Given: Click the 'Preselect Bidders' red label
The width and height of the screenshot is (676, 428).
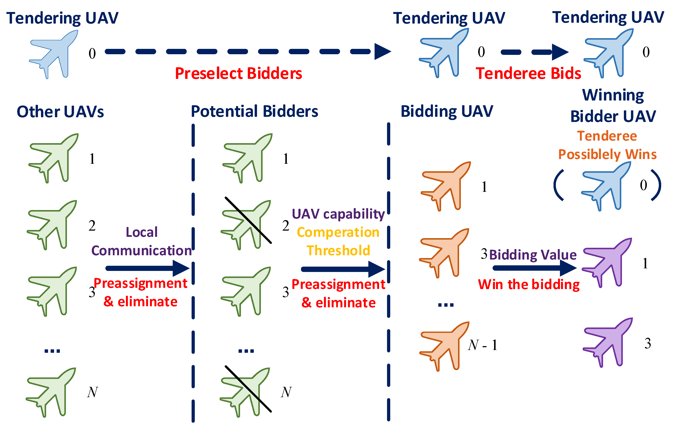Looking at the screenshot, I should coord(238,74).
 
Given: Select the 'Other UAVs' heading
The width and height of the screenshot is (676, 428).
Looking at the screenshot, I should coord(60,112).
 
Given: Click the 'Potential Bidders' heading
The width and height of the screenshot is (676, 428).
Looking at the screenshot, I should coord(254,111).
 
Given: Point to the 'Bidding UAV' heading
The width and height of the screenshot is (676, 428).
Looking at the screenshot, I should coord(447,111).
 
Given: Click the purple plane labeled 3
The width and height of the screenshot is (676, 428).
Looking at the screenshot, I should coord(608,342).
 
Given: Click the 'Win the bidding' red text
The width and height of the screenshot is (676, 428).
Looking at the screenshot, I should coord(529,284).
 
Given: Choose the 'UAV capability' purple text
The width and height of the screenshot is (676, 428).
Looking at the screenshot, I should coord(338,214).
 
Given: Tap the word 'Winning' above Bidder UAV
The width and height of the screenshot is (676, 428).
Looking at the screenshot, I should coord(613,95).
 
